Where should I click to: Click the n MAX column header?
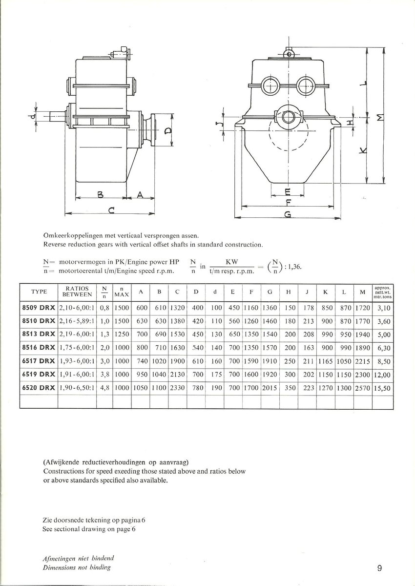pyautogui.click(x=121, y=292)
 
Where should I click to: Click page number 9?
pyautogui.click(x=379, y=568)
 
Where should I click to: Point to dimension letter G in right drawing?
pyautogui.click(x=288, y=215)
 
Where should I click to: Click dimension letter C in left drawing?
pyautogui.click(x=111, y=210)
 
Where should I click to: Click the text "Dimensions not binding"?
pyautogui.click(x=77, y=567)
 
